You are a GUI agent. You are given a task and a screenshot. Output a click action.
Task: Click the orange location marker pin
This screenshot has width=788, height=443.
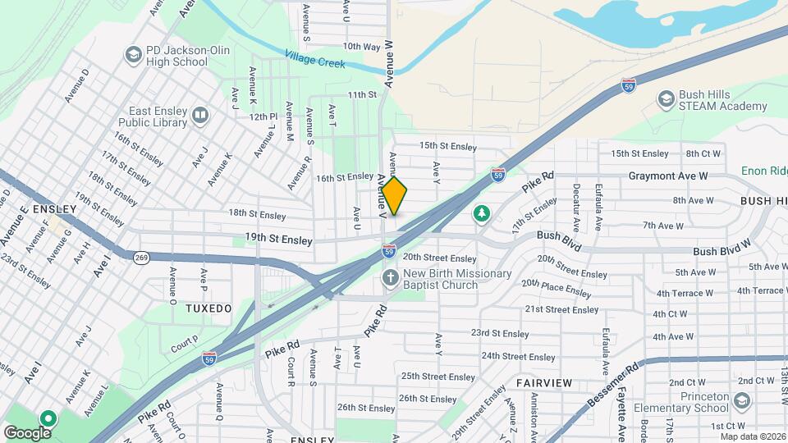[x=395, y=196]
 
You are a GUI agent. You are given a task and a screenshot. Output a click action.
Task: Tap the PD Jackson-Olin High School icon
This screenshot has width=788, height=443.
[x=133, y=55]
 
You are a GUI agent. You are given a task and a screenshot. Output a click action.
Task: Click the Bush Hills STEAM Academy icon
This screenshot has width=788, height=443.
[x=666, y=99]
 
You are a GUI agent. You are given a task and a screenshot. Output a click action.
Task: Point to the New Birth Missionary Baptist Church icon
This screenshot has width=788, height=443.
[x=390, y=278]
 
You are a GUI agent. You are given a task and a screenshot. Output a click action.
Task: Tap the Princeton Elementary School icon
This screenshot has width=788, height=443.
[x=742, y=400]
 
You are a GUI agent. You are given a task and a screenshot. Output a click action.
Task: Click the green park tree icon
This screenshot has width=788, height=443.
[x=481, y=213]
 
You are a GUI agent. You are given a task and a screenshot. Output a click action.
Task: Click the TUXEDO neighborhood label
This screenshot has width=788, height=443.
[x=208, y=308]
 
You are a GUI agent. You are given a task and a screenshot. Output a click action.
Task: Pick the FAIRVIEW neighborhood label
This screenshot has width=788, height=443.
[x=544, y=383]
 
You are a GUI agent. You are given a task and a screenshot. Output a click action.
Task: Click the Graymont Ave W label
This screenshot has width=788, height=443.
[x=667, y=176]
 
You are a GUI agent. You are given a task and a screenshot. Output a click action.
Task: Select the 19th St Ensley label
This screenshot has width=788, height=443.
[x=278, y=240]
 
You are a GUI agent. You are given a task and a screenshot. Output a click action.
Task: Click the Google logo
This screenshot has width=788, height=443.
[x=27, y=432]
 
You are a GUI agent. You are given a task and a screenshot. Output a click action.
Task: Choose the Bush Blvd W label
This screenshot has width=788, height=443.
[x=722, y=248]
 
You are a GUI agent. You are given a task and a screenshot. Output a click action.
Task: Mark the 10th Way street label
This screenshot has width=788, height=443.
[x=362, y=47]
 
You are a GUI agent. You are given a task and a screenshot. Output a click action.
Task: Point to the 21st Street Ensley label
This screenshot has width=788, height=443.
[x=562, y=309]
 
